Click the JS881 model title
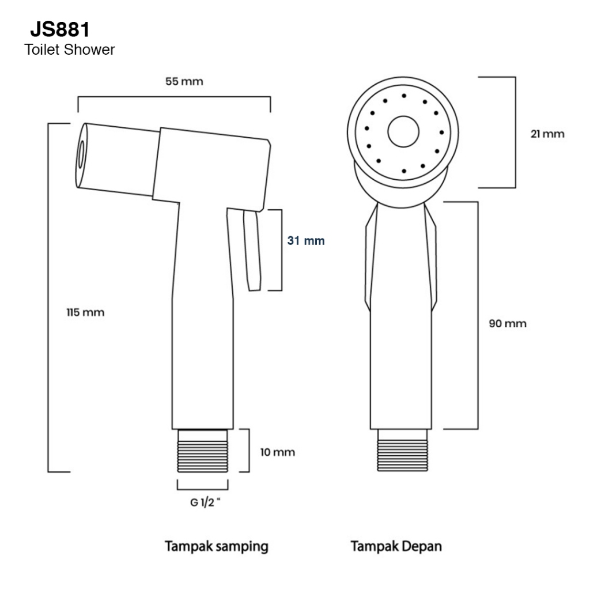click(60, 29)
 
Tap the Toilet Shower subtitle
click(69, 50)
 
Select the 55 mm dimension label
click(184, 81)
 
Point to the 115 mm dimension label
click(85, 312)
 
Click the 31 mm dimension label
click(306, 240)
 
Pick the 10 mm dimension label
click(278, 452)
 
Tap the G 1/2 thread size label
click(205, 502)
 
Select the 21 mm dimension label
click(547, 134)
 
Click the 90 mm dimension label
click(508, 323)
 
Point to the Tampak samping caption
click(217, 547)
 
